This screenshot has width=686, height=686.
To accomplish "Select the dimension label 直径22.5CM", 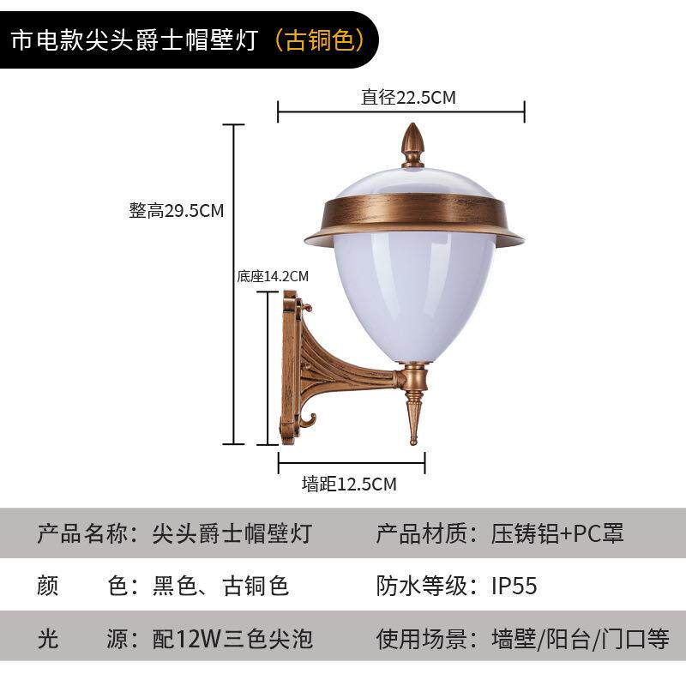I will (407, 98).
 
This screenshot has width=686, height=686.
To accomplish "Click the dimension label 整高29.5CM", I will (177, 211).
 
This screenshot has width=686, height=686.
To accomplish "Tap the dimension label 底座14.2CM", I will (272, 276).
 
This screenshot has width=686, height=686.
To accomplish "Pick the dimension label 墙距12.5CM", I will (349, 484).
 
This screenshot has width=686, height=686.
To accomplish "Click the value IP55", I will (514, 586).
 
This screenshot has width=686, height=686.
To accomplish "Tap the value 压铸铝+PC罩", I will (557, 533).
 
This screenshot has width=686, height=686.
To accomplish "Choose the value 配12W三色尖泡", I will (232, 639).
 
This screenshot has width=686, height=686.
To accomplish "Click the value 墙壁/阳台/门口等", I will (580, 639).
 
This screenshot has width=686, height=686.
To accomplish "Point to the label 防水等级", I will (423, 586).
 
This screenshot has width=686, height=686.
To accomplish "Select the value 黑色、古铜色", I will (220, 586).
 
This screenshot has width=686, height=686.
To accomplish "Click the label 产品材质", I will (423, 533).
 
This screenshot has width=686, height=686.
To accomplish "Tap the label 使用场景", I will (423, 639).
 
